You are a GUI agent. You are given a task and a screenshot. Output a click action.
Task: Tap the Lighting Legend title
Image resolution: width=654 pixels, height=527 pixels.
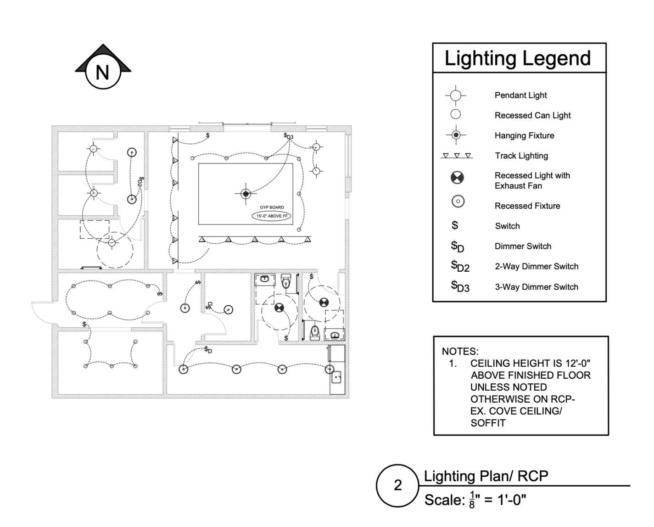pyautogui.click(x=518, y=59)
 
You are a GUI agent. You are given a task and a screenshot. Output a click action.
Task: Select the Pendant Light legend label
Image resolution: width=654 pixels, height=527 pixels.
pyautogui.click(x=520, y=95)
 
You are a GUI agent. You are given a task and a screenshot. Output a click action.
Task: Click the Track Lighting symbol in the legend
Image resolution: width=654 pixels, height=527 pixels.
pyautogui.click(x=456, y=156)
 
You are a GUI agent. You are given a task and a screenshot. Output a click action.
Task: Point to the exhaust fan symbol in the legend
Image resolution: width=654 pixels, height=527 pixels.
pyautogui.click(x=457, y=178)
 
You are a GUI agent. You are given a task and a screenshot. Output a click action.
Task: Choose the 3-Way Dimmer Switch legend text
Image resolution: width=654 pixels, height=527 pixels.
pyautogui.click(x=536, y=287)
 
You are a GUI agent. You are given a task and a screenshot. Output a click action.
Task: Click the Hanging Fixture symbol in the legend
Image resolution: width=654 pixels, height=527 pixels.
pyautogui.click(x=456, y=135)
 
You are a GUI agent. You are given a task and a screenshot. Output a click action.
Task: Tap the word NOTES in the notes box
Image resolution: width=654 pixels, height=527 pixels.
pyautogui.click(x=460, y=352)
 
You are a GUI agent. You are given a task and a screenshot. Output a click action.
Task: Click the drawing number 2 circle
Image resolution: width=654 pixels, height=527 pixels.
pyautogui.click(x=397, y=485)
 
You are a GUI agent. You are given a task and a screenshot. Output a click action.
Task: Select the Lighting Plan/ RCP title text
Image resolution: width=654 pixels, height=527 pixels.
pyautogui.click(x=486, y=476)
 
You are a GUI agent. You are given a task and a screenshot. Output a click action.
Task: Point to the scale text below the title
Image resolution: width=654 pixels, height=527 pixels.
pyautogui.click(x=475, y=499)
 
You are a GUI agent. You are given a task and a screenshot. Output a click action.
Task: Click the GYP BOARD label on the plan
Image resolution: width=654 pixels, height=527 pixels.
pyautogui.click(x=272, y=207)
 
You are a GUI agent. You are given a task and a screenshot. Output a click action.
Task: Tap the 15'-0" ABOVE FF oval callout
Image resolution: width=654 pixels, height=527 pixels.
pyautogui.click(x=272, y=216)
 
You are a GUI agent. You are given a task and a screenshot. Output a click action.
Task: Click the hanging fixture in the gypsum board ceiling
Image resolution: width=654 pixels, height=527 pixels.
pyautogui.click(x=246, y=194)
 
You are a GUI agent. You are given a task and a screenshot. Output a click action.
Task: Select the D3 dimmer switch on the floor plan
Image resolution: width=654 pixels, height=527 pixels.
pyautogui.click(x=288, y=136)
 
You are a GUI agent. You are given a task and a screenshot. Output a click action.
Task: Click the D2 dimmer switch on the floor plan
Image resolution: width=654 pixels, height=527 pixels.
pyautogui.click(x=140, y=181)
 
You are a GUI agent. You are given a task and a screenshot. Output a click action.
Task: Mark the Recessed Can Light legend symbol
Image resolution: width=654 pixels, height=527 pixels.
pyautogui.click(x=455, y=114)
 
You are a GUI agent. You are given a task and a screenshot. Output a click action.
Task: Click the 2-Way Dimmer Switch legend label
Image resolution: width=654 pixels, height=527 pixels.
pyautogui.click(x=536, y=266)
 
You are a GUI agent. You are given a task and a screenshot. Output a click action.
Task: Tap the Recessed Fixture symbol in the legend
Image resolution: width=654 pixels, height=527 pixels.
pyautogui.click(x=458, y=201)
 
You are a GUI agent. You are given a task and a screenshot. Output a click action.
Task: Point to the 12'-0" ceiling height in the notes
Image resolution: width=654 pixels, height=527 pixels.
pyautogui.click(x=576, y=363)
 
